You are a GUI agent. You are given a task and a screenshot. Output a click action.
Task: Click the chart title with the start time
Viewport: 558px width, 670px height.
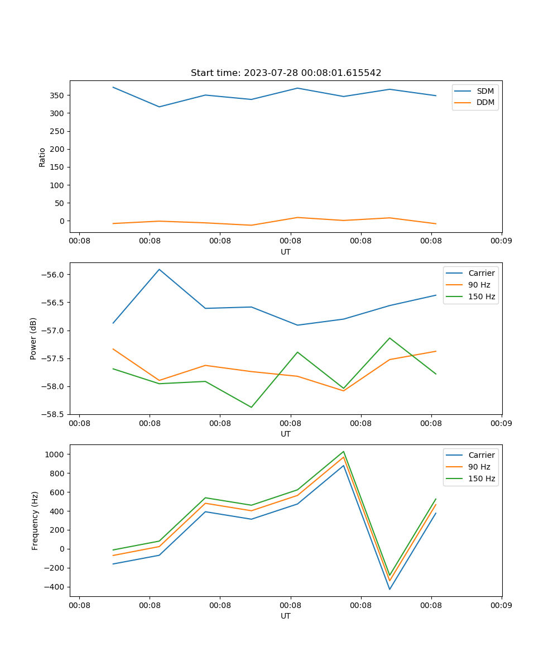[x=286, y=73]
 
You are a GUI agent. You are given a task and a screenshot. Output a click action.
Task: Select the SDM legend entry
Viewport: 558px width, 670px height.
[x=485, y=91]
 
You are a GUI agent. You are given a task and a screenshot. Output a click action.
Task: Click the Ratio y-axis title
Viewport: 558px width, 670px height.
[x=42, y=157]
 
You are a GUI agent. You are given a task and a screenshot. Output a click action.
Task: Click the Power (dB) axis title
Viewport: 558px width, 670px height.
[x=33, y=338]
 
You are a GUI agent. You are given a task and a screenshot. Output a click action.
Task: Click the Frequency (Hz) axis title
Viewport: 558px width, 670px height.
[x=35, y=520]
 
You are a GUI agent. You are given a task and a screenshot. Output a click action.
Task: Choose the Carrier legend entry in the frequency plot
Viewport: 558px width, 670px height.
[x=481, y=455]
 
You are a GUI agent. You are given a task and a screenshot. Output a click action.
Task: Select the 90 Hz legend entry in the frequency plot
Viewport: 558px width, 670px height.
[x=482, y=467]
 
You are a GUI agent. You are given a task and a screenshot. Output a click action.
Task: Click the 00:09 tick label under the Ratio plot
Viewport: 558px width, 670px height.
[x=501, y=241]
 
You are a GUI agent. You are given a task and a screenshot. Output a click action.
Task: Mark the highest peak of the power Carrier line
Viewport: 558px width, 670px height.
[x=159, y=269]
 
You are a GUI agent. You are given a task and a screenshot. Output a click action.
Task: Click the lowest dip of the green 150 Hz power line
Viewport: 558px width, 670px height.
[x=251, y=407]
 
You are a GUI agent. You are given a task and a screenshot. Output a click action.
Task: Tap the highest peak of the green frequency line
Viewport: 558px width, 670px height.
[x=343, y=451]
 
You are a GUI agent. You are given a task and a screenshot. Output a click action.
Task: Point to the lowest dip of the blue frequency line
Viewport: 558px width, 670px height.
[x=389, y=589]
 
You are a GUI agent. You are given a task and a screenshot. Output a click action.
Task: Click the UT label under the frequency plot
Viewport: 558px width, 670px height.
[x=286, y=616]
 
